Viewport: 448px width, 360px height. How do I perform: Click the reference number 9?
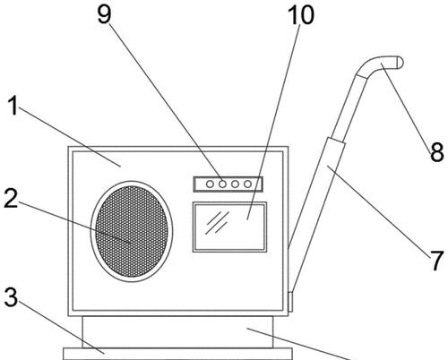105,14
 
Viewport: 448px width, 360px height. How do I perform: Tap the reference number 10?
301,15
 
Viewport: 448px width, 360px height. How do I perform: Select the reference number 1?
13,106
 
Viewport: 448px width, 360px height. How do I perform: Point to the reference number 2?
11,199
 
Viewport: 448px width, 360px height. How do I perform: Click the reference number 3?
11,297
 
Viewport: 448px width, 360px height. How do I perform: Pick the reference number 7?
437,261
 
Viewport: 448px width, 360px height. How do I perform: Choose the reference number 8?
437,152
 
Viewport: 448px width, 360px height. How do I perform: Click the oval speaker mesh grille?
132,231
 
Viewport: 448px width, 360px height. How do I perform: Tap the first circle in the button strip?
210,184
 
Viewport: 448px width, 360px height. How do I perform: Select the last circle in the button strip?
247,184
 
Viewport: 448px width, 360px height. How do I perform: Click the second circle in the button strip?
222,184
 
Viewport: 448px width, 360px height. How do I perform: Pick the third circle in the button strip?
235,184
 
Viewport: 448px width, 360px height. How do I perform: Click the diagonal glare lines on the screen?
217,223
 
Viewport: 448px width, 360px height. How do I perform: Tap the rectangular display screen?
229,227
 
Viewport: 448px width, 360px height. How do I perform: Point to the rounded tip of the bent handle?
400,63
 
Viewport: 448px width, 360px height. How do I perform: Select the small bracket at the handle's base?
290,302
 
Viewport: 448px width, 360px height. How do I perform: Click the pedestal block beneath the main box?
177,332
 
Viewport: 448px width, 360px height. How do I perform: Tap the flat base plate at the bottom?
177,354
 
